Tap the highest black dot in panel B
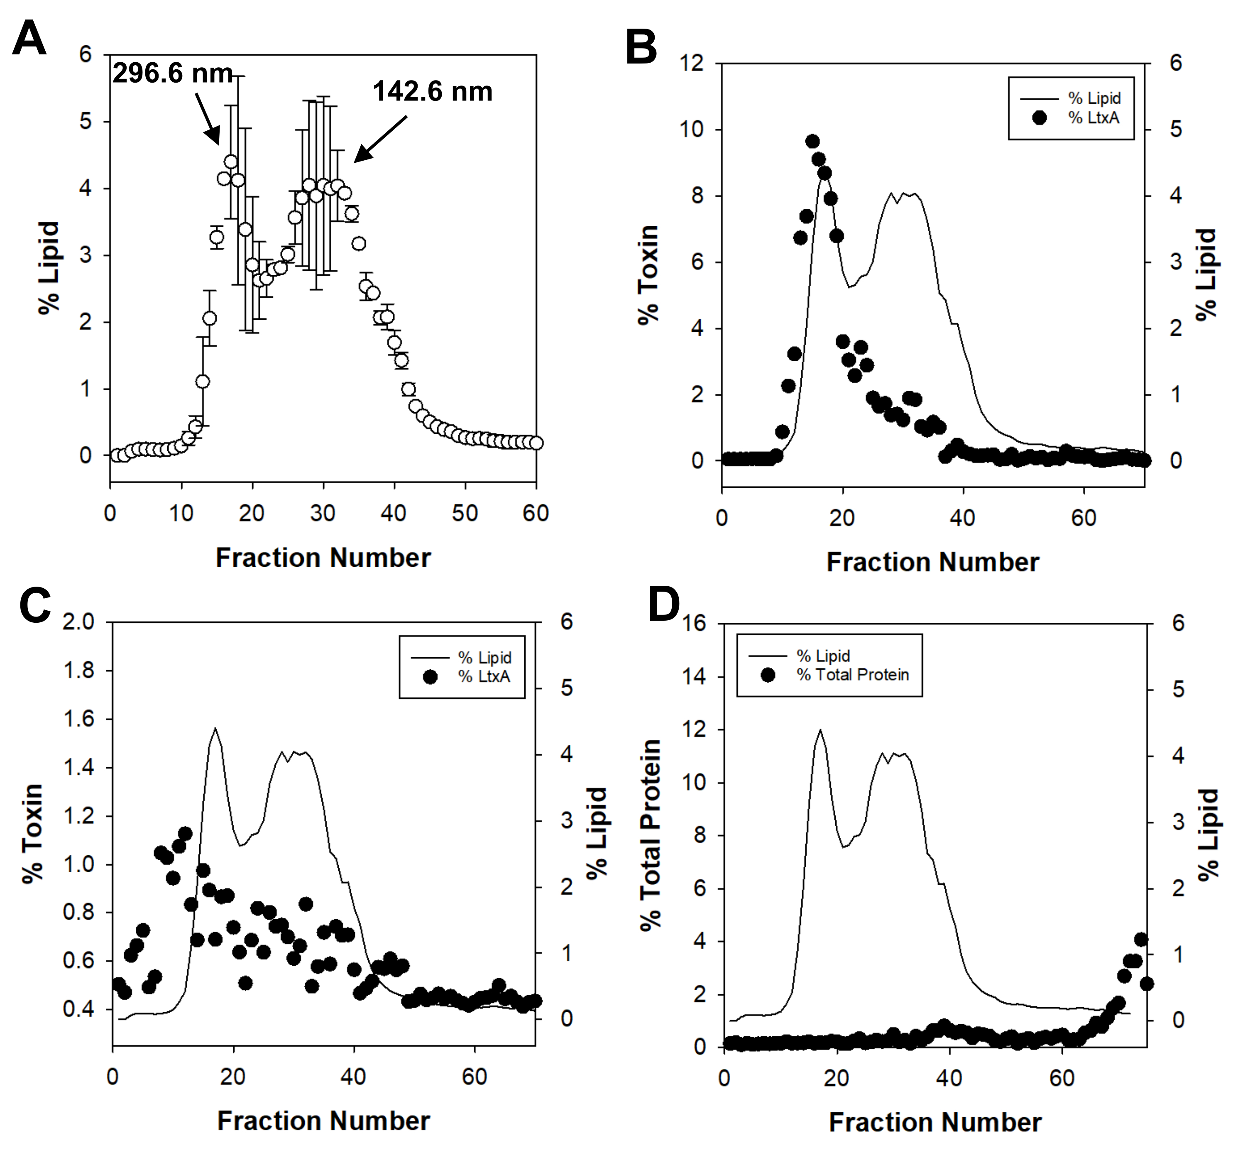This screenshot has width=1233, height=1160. coord(812,142)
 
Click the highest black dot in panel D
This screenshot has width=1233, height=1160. coord(1140,939)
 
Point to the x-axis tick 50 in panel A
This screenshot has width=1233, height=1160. coord(465,514)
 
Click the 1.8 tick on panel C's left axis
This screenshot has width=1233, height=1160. coord(79,671)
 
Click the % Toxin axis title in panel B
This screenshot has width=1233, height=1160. coord(648,275)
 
